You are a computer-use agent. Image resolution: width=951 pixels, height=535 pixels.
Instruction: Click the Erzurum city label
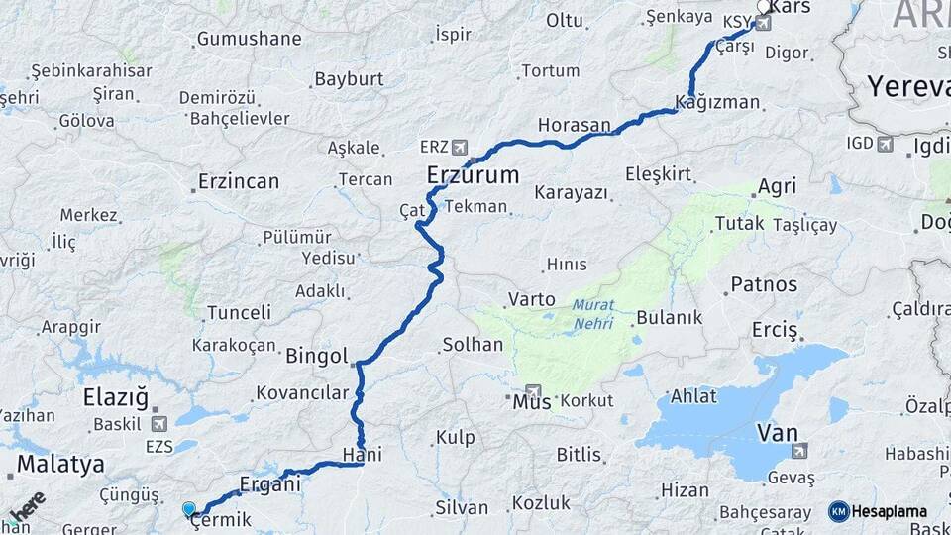[x=473, y=176]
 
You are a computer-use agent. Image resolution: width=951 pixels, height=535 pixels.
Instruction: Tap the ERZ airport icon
[x=459, y=147]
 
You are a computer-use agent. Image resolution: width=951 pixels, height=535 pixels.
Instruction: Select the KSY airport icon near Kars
[x=762, y=22]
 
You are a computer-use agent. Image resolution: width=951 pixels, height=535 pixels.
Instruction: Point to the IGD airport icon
[x=885, y=144]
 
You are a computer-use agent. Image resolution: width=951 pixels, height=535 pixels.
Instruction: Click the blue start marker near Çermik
[x=188, y=509]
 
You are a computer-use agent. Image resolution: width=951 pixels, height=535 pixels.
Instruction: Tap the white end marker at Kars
[x=764, y=6]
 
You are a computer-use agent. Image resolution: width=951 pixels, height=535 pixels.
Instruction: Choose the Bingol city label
[x=316, y=356]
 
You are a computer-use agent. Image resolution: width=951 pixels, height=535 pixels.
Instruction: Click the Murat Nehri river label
[x=592, y=315]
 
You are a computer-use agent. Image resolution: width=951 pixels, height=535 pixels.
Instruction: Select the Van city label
[x=778, y=432]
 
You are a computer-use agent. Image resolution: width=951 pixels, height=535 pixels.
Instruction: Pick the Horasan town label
[x=575, y=126]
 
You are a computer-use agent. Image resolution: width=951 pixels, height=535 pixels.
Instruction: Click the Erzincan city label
[x=238, y=182]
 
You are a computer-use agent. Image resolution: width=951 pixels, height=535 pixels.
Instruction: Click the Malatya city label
[x=60, y=464]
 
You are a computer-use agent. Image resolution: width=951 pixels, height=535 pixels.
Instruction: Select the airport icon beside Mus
[x=535, y=392]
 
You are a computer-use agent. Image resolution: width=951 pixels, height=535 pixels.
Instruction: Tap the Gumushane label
[x=249, y=39]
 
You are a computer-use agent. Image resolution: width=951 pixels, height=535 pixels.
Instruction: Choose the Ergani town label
[x=269, y=484]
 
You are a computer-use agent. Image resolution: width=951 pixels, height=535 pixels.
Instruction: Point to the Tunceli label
[x=238, y=313]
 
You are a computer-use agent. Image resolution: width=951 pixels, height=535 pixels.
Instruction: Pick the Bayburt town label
[x=349, y=79]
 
